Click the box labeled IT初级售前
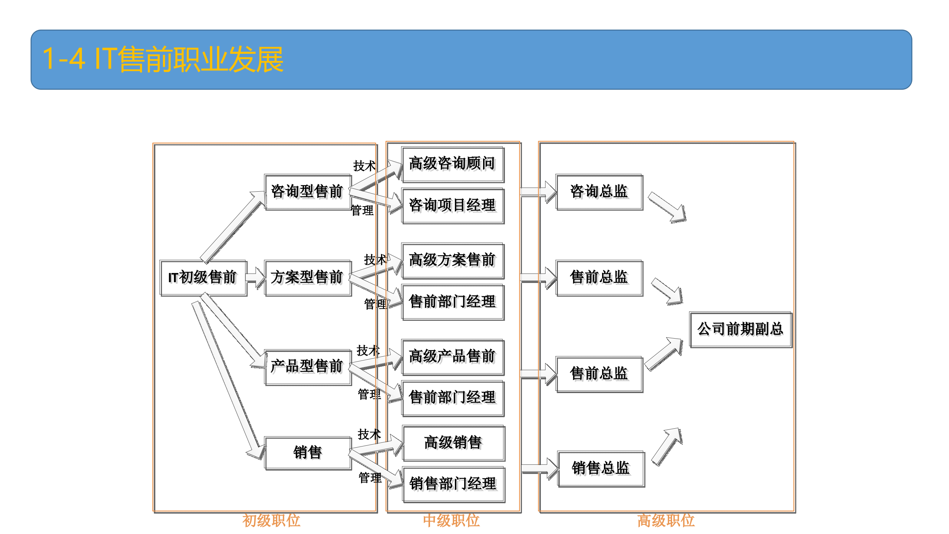pyautogui.click(x=203, y=277)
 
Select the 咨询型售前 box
pyautogui.click(x=307, y=192)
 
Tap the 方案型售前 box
pyautogui.click(x=307, y=277)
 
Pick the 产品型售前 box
pyautogui.click(x=307, y=366)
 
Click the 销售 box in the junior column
pyautogui.click(x=307, y=453)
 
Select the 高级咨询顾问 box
pyautogui.click(x=452, y=164)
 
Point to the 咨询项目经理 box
pyautogui.click(x=452, y=205)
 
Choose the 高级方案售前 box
pyautogui.click(x=452, y=260)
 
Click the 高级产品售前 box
pyautogui.click(x=452, y=356)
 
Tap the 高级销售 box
pyautogui.click(x=453, y=443)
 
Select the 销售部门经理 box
pyautogui.click(x=453, y=484)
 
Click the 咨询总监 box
pyautogui.click(x=599, y=192)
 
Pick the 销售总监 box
pyautogui.click(x=601, y=468)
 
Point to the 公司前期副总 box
pyautogui.click(x=740, y=329)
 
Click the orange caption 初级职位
pyautogui.click(x=271, y=521)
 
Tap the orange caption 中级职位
pyautogui.click(x=451, y=521)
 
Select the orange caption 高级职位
pyautogui.click(x=666, y=521)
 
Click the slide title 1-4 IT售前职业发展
pyautogui.click(x=163, y=59)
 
